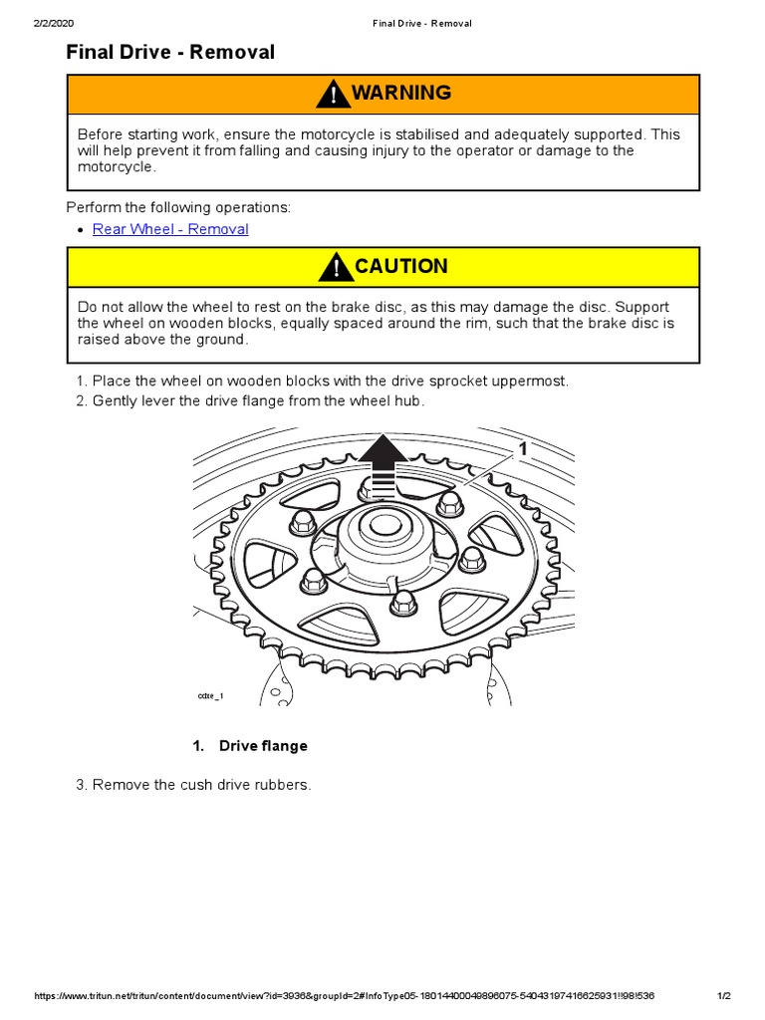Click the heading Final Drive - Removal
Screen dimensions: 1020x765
(x=170, y=53)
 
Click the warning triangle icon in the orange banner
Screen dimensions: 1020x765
(x=332, y=95)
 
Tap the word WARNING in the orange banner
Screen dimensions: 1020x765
(x=400, y=94)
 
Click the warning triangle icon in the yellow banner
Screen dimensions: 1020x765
(x=337, y=267)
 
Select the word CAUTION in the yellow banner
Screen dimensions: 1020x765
(x=400, y=267)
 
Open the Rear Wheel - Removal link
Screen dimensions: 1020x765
(x=170, y=229)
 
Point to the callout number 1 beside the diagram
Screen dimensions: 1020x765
(x=521, y=450)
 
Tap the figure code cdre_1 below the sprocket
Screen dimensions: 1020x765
(x=210, y=695)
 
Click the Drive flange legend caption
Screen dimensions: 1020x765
(x=263, y=746)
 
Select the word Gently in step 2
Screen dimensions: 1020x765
(x=115, y=400)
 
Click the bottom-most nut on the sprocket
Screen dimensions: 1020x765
(x=404, y=602)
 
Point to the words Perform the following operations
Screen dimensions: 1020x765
(x=178, y=207)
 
